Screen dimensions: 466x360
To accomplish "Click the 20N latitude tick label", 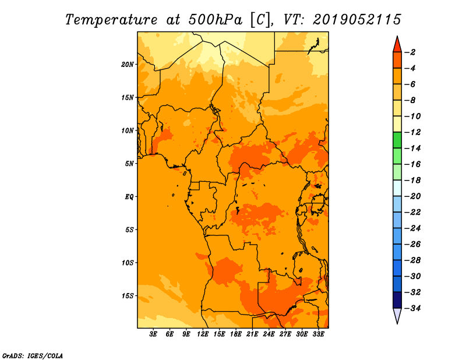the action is [x=127, y=64].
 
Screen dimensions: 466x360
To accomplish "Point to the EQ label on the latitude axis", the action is [x=129, y=196].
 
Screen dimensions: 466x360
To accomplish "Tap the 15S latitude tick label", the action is [x=128, y=296].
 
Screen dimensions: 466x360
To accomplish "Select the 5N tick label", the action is [x=129, y=164].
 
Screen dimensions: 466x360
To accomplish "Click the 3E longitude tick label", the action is [x=153, y=334].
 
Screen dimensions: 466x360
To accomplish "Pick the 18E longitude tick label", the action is [x=236, y=334].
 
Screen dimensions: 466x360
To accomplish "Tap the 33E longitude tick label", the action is [x=318, y=334].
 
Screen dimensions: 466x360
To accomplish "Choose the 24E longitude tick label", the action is [x=269, y=334].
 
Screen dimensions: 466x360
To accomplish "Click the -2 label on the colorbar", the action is [x=410, y=52].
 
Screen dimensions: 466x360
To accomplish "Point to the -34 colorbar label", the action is [x=412, y=308].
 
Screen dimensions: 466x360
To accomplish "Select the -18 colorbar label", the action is [x=412, y=180].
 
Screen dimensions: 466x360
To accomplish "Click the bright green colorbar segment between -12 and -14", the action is [x=397, y=140].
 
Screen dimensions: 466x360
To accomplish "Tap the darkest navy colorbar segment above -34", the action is [x=397, y=300].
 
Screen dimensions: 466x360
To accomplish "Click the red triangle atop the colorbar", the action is [x=397, y=45].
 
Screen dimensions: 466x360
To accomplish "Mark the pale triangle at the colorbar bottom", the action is [x=397, y=315].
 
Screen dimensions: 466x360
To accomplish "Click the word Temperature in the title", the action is [x=111, y=20].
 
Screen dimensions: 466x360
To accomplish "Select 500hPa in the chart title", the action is [x=216, y=20].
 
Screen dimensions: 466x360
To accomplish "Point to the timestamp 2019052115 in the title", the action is [x=357, y=20].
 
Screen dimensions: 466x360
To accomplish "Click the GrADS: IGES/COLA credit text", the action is [x=33, y=356].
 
